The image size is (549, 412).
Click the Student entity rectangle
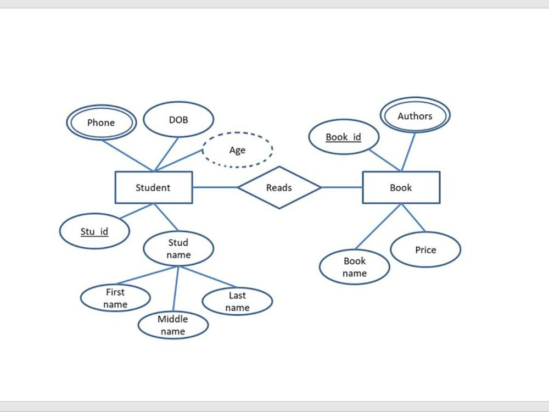[x=153, y=187]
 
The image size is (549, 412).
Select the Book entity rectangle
[x=401, y=187]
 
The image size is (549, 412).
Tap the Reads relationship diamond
[x=279, y=187]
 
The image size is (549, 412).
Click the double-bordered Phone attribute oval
[x=101, y=123]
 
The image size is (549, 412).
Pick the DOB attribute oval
[x=178, y=119]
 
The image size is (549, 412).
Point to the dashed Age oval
[x=237, y=150]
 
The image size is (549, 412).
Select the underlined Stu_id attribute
[x=94, y=231]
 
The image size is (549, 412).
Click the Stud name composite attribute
[x=178, y=248]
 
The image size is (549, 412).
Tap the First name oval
[x=115, y=298]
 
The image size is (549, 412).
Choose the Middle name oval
[x=173, y=325]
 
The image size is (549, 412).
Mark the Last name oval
[x=237, y=302]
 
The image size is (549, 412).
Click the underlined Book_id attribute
[x=344, y=137]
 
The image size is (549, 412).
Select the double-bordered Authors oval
[x=415, y=116]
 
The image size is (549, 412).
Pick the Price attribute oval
[x=425, y=249]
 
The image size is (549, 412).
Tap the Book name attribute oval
[x=355, y=267]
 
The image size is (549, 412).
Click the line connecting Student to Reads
[x=215, y=187]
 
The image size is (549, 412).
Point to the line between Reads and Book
[x=341, y=187]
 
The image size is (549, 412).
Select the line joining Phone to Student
[x=127, y=155]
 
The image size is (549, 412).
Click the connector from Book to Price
[x=413, y=218]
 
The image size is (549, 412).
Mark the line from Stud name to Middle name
[x=176, y=289]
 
